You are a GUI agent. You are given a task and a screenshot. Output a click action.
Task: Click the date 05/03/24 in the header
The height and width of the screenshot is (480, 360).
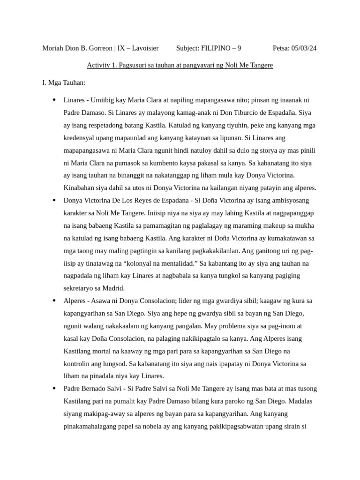pyautogui.click(x=304, y=48)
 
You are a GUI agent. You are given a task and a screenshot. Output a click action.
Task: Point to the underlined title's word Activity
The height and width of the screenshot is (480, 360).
pyautogui.click(x=99, y=66)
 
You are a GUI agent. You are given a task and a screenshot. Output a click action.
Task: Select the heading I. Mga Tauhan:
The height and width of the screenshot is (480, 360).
pyautogui.click(x=64, y=83)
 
